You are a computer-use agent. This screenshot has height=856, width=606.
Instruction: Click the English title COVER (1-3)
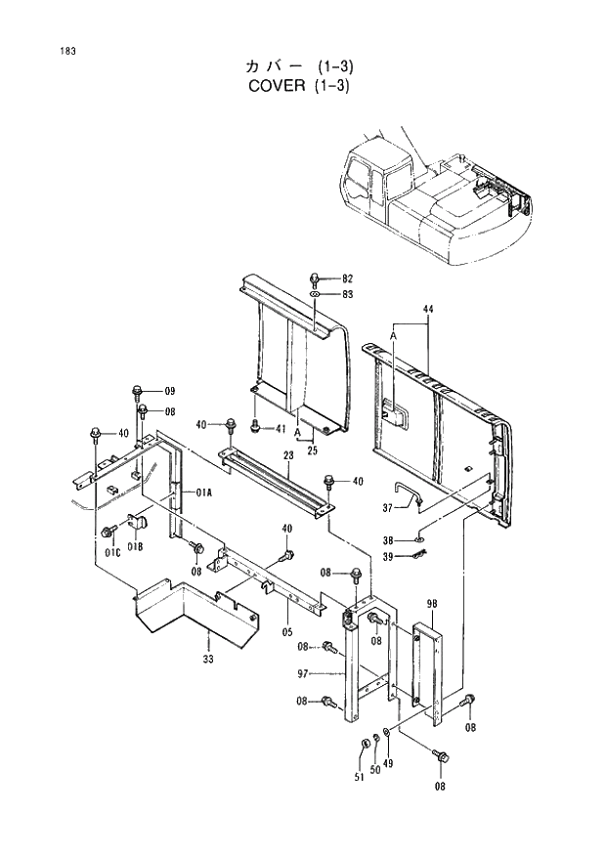pyautogui.click(x=300, y=85)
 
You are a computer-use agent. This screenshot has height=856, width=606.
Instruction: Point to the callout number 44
pyautogui.click(x=427, y=309)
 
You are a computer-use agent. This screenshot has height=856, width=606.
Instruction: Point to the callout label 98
pyautogui.click(x=431, y=603)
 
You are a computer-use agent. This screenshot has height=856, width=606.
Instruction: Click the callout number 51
pyautogui.click(x=359, y=777)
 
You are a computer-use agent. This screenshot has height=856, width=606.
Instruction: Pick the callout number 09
pyautogui.click(x=169, y=392)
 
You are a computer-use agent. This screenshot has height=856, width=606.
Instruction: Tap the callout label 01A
pyautogui.click(x=204, y=493)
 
